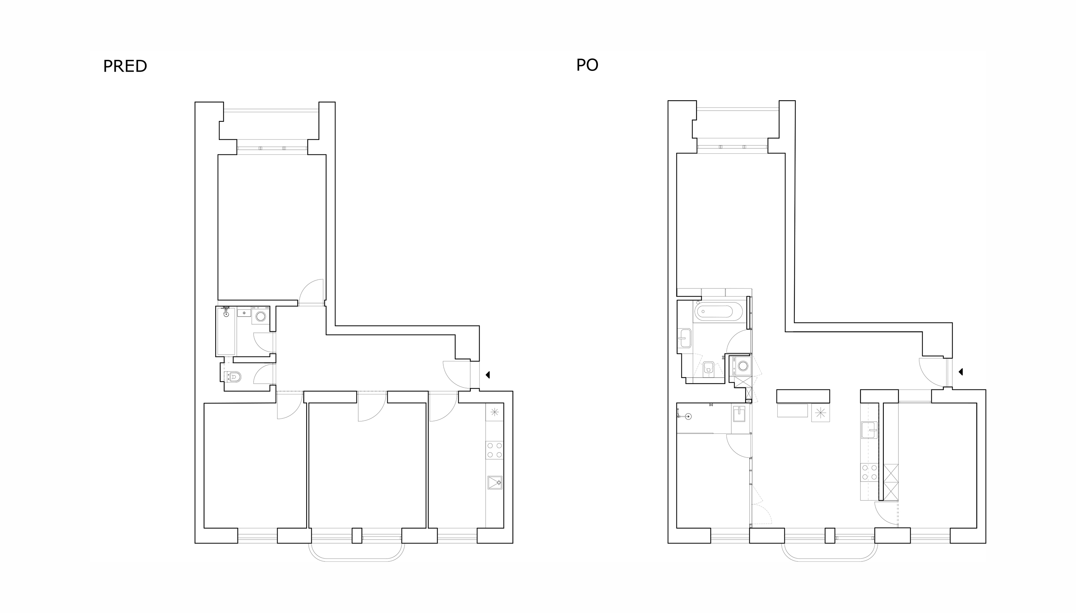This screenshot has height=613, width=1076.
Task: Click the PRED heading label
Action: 125,66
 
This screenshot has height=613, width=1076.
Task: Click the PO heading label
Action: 587,65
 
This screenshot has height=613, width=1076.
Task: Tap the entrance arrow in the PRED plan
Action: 488,375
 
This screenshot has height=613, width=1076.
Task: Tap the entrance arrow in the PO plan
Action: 961,372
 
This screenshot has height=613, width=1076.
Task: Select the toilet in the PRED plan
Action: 234,377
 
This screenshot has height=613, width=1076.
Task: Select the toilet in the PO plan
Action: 708,368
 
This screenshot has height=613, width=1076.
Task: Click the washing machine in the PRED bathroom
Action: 260,316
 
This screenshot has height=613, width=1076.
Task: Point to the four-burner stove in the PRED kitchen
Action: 494,450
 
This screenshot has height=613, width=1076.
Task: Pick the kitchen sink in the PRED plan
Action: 495,483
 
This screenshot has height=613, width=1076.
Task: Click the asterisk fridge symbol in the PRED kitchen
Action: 494,412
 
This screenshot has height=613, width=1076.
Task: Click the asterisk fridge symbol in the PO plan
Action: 821,413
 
